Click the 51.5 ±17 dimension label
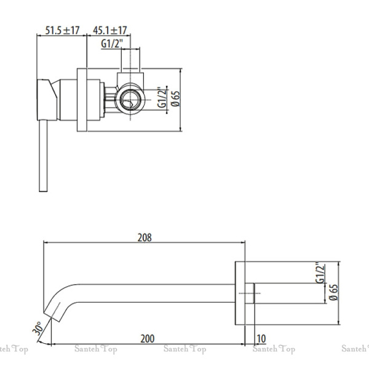pos(62,30)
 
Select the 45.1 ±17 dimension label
pos(110,30)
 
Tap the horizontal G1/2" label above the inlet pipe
pos(112,44)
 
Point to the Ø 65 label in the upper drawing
pos(175,99)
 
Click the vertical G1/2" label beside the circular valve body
pos(162,97)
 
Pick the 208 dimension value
pos(145,237)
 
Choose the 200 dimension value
pos(148,339)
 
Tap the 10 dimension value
pos(261,339)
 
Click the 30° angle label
pos(38,328)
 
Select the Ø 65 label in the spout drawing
pos(333,293)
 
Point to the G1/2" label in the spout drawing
pos(320,272)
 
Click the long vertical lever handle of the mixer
pos(43,156)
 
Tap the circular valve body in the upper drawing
pos(130,99)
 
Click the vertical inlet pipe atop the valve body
pos(130,60)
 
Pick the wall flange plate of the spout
pos(240,293)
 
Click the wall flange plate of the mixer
pos(82,100)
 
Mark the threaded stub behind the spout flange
pos(250,293)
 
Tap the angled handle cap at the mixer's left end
pos(47,100)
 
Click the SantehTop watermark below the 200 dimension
pos(184,349)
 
